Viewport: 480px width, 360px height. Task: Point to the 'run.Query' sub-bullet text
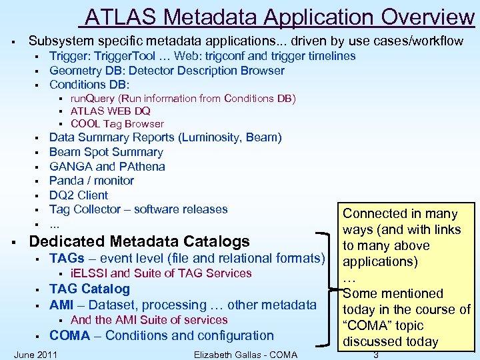pyautogui.click(x=95, y=99)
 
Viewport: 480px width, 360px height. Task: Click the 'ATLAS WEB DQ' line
pyautogui.click(x=111, y=111)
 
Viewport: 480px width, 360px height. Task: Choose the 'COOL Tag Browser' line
pyautogui.click(x=117, y=124)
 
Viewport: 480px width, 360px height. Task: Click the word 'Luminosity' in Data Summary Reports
pyautogui.click(x=211, y=138)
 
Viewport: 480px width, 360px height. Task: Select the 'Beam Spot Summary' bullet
pyautogui.click(x=106, y=152)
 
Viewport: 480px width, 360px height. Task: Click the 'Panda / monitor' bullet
pyautogui.click(x=91, y=181)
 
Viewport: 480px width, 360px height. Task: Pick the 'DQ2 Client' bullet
pyautogui.click(x=78, y=195)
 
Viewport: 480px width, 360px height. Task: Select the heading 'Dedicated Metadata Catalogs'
pyautogui.click(x=139, y=241)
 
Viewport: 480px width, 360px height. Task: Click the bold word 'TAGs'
pyautogui.click(x=67, y=259)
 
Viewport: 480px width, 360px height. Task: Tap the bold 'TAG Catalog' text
pyautogui.click(x=89, y=289)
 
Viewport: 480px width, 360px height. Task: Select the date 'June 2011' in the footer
pyautogui.click(x=35, y=354)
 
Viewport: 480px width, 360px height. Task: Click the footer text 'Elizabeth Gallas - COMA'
pyautogui.click(x=245, y=354)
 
